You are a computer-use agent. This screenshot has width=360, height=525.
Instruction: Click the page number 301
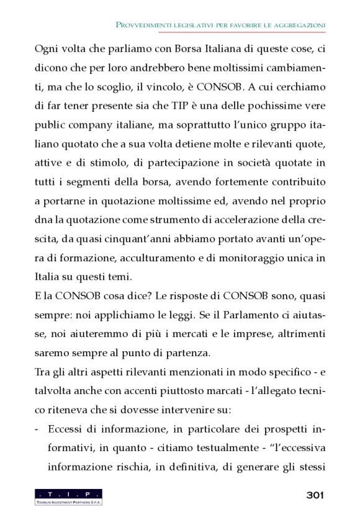(x=315, y=495)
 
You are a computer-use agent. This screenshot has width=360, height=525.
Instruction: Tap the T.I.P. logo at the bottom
(x=69, y=496)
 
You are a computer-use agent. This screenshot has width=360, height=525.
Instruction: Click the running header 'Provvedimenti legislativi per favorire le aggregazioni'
(x=221, y=25)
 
